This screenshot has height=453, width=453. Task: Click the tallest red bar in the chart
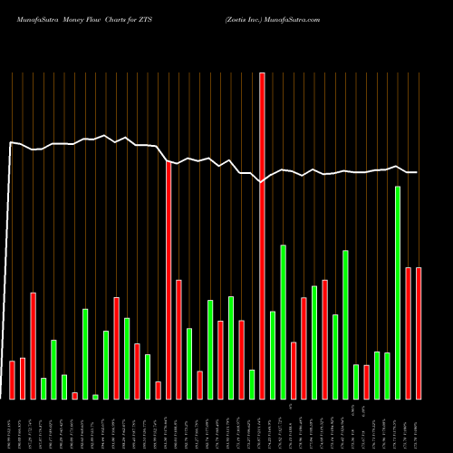click(262, 236)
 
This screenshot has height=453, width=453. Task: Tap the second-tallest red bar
click(169, 280)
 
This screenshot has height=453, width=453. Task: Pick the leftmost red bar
click(12, 380)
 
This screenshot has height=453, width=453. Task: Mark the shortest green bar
click(95, 396)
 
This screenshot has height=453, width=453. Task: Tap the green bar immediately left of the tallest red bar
click(252, 384)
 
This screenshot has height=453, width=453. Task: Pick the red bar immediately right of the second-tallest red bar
click(178, 340)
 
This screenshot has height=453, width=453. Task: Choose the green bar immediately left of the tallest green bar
click(387, 376)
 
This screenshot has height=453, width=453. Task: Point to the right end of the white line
click(418, 172)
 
